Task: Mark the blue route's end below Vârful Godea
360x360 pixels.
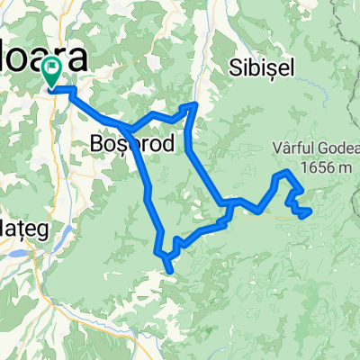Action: [310, 212]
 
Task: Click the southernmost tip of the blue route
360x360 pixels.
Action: [171, 267]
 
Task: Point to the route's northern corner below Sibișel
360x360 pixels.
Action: [193, 105]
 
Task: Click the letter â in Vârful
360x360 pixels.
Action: [281, 149]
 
